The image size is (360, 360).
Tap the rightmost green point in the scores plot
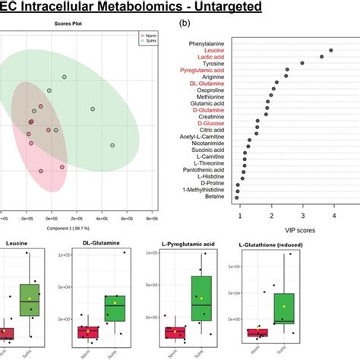[112, 145]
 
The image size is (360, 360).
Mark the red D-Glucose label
[213, 120]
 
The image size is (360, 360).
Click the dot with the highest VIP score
[330, 50]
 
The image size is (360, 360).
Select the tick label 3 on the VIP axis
[302, 216]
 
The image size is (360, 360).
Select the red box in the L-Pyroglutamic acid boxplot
[175, 332]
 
